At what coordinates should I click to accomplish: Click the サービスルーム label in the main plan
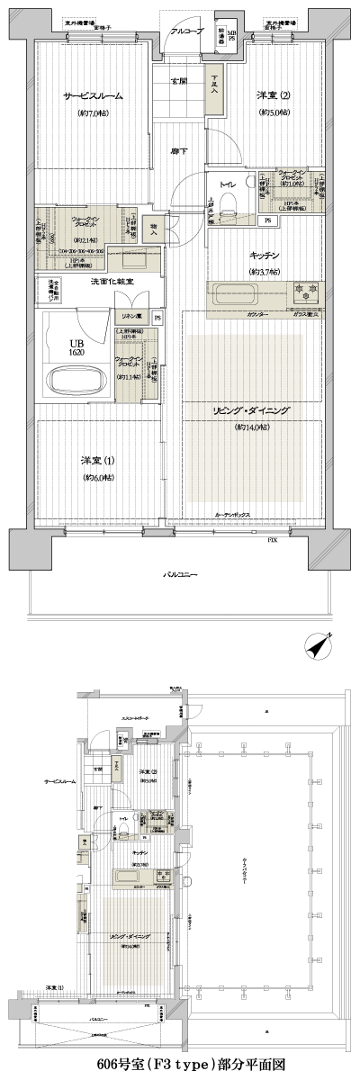coord(93,96)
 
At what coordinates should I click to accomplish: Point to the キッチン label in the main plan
coord(265,256)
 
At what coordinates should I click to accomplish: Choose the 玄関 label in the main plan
coord(178,82)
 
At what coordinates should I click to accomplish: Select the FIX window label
coord(272,539)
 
